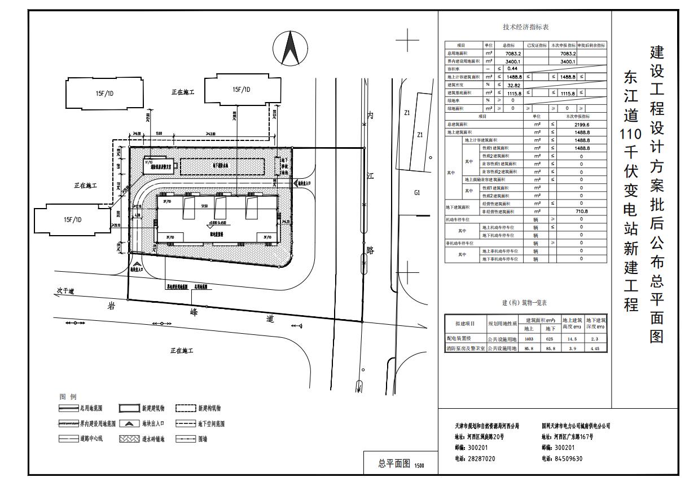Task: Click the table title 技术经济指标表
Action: pos(525,27)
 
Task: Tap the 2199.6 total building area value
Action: pos(581,125)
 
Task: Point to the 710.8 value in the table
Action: pos(581,211)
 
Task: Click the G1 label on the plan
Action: pos(417,193)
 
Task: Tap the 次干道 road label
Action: pos(65,291)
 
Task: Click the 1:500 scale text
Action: pos(419,466)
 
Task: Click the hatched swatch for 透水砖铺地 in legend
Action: pos(129,439)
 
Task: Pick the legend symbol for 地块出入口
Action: pos(129,423)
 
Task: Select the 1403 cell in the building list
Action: pos(529,339)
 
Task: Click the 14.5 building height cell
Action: pos(572,339)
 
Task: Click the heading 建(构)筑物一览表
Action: pos(525,303)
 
